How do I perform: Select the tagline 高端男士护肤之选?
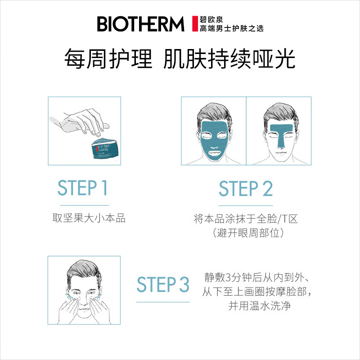(x=231, y=29)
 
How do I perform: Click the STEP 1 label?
(x=83, y=188)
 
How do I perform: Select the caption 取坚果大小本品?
(x=89, y=219)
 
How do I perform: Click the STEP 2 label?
(x=246, y=189)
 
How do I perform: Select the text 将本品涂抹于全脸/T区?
(x=246, y=219)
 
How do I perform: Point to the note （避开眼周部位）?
(x=246, y=233)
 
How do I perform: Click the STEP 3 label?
(x=163, y=285)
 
